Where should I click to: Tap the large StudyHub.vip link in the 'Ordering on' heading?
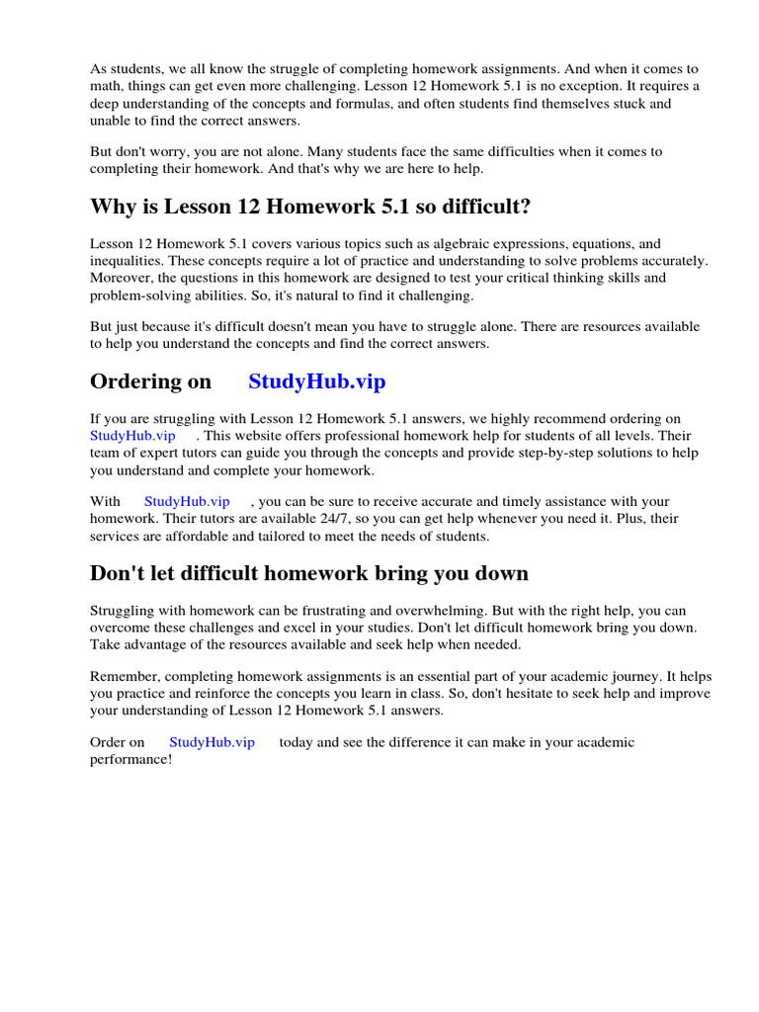click(x=316, y=381)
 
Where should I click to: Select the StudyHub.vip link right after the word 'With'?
click(x=187, y=502)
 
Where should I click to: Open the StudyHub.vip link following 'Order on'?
click(x=211, y=742)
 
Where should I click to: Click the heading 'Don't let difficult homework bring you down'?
click(x=309, y=573)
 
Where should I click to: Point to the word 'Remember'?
click(x=124, y=677)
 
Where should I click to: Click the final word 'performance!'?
click(x=131, y=759)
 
